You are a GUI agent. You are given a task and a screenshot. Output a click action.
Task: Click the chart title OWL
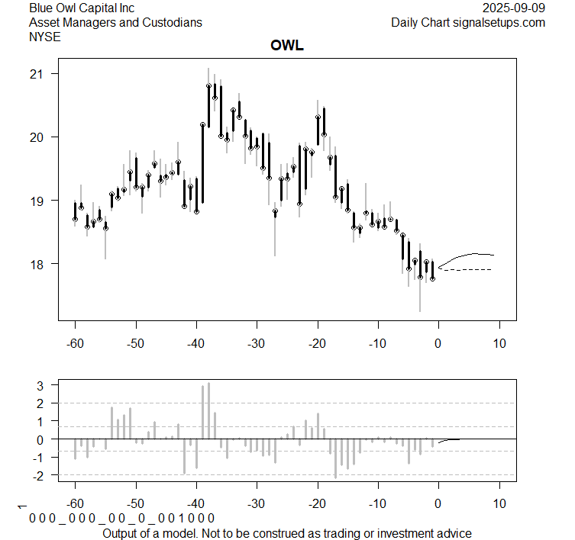pos(287,47)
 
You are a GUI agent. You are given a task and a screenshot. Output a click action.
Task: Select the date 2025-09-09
pos(515,8)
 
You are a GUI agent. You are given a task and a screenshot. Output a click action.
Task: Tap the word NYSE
pos(46,36)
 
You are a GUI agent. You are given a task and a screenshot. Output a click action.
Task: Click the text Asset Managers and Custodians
pos(115,22)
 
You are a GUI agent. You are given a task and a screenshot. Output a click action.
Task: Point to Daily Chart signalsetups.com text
pos(468,22)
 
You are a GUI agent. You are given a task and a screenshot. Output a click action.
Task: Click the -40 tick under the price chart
pos(196,344)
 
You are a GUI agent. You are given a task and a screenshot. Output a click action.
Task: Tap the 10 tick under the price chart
pos(499,344)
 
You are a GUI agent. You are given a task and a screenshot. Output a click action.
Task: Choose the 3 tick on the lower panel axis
pos(42,385)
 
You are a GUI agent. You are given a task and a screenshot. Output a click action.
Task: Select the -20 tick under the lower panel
pos(317,503)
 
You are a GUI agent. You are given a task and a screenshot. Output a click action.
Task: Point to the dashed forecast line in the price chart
pos(470,269)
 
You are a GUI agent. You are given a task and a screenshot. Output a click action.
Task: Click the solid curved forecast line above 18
pos(470,254)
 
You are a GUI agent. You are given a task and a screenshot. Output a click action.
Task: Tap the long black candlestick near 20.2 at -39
pos(202,163)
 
